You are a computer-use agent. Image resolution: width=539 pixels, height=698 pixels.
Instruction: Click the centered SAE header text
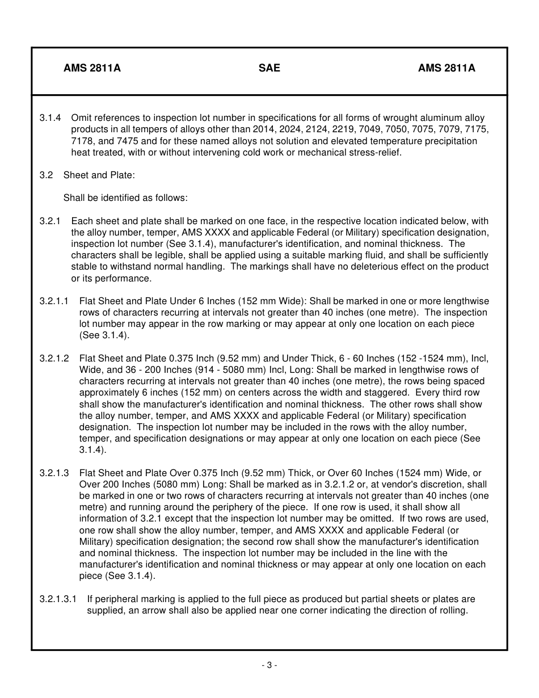(269, 68)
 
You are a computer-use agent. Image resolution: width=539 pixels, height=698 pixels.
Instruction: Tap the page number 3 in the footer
(269, 665)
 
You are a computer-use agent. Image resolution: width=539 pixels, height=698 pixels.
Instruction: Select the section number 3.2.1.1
(54, 301)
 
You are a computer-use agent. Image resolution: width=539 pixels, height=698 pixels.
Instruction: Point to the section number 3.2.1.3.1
(58, 599)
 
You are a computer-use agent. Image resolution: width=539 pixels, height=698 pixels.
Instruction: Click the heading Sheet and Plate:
(99, 175)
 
